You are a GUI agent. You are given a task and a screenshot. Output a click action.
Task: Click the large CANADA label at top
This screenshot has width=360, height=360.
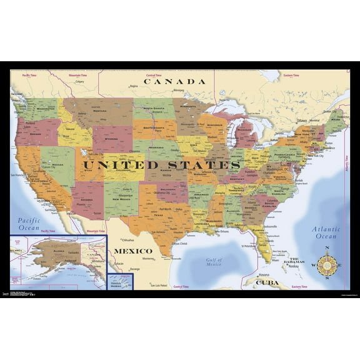[174, 81]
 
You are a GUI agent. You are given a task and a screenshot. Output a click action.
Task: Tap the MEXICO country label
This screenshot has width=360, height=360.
[132, 251]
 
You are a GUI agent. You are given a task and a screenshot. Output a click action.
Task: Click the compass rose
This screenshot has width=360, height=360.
[327, 265]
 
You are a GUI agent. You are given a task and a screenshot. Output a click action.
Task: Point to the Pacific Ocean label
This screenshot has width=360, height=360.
[29, 224]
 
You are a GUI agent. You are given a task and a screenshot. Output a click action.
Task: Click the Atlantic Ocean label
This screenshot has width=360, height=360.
[326, 232]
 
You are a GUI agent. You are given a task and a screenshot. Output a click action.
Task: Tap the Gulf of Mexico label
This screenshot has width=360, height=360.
[214, 262]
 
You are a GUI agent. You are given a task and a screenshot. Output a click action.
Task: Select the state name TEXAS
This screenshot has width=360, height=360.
[156, 216]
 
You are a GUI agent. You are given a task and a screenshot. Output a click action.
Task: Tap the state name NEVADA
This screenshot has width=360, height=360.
[57, 164]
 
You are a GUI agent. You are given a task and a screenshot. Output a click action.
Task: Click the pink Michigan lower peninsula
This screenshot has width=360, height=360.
[246, 134]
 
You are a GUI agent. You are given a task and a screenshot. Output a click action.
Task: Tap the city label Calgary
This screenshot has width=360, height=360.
[79, 81]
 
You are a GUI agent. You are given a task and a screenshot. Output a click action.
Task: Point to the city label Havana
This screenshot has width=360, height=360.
[263, 274]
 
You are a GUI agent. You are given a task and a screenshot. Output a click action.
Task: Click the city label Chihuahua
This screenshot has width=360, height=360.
[128, 239]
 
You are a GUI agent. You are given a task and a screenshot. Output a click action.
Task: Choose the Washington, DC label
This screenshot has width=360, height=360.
[278, 169]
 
